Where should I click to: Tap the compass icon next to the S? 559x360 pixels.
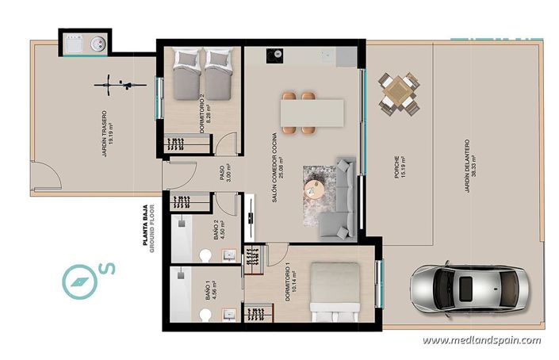tap(79, 280)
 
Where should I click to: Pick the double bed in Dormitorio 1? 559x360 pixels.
tap(337, 291)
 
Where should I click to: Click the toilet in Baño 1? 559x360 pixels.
tap(207, 316)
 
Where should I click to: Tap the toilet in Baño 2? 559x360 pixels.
tap(207, 255)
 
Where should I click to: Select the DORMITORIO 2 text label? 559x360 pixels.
tap(204, 106)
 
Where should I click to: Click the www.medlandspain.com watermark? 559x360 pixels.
tap(481, 340)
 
